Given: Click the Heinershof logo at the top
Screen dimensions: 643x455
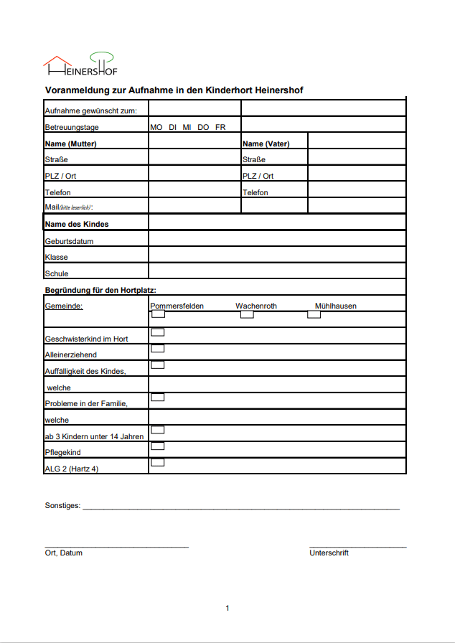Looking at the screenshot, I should coord(80,65).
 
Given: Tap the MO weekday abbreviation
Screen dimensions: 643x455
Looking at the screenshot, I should coord(156,127).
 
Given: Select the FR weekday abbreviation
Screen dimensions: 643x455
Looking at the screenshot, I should coord(220,127).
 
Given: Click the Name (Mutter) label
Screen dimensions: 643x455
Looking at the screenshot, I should coord(71,144).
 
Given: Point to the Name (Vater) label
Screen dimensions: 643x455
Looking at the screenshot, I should coord(266,144).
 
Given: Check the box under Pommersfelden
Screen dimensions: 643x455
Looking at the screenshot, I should coord(158,314).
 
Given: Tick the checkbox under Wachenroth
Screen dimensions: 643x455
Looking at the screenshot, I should coord(247,314).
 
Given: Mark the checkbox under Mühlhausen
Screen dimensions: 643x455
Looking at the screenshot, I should coord(314,314).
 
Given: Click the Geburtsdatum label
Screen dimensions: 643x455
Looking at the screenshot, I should coord(69,241).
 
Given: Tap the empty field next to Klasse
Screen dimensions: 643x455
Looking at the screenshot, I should coord(277,255).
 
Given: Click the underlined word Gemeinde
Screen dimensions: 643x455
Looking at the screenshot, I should coord(64,306).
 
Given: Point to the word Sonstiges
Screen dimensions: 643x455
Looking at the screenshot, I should coord(62,506).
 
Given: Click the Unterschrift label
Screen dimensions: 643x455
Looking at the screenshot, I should coord(329,553).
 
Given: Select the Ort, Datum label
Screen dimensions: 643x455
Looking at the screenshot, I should coord(64,553).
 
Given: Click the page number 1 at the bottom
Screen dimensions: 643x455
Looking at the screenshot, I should coord(227,609).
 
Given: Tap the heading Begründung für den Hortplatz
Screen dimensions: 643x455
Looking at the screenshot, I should coord(100,290).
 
